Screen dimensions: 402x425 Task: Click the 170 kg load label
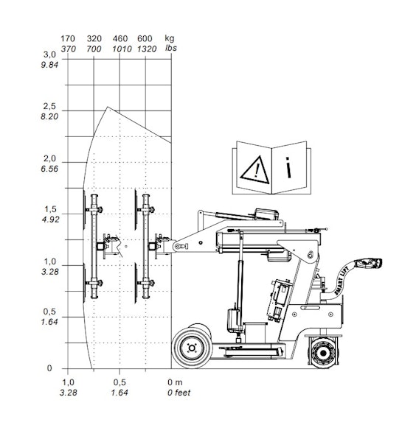pos(68,38)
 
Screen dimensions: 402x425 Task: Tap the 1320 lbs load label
pos(147,49)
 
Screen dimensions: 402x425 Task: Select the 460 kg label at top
pos(120,38)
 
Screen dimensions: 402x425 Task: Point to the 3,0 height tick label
pos(49,55)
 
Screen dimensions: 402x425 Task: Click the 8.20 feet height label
pos(49,116)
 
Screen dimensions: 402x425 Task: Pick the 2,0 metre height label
pos(49,158)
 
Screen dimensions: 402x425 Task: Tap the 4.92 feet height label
pos(50,219)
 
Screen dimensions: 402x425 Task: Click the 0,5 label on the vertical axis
pos(49,312)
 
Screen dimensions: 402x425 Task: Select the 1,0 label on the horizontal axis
pos(68,382)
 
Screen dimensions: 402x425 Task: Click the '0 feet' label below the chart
pos(179,393)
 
